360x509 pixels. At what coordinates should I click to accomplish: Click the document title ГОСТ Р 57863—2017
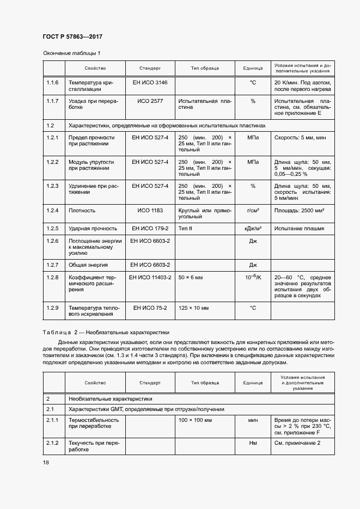click(72, 36)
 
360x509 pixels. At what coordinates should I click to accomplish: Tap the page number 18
click(46, 463)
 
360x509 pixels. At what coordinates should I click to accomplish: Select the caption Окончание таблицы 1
click(71, 53)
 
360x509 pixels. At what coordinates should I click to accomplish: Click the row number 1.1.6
click(52, 82)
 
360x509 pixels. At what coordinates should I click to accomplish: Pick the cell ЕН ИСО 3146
click(150, 82)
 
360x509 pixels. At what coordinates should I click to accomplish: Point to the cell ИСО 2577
click(150, 101)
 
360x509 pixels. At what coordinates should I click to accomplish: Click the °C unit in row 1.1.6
click(253, 82)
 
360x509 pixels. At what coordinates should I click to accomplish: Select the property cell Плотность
click(82, 210)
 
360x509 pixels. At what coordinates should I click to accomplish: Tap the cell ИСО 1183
click(150, 210)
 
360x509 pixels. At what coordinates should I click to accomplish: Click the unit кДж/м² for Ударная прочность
click(253, 229)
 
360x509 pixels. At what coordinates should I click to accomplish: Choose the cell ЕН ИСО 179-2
click(150, 229)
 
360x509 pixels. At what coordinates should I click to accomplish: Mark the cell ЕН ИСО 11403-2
click(150, 278)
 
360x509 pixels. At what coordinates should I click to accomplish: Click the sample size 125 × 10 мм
click(193, 308)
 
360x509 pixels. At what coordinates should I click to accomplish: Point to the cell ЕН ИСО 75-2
click(150, 308)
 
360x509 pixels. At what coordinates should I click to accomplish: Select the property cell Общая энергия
click(88, 265)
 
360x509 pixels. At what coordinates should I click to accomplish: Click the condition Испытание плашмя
click(299, 229)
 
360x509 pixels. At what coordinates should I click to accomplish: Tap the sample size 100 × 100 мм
click(195, 420)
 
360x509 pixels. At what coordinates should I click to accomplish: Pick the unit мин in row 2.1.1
click(253, 420)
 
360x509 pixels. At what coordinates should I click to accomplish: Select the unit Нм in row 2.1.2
click(253, 444)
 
